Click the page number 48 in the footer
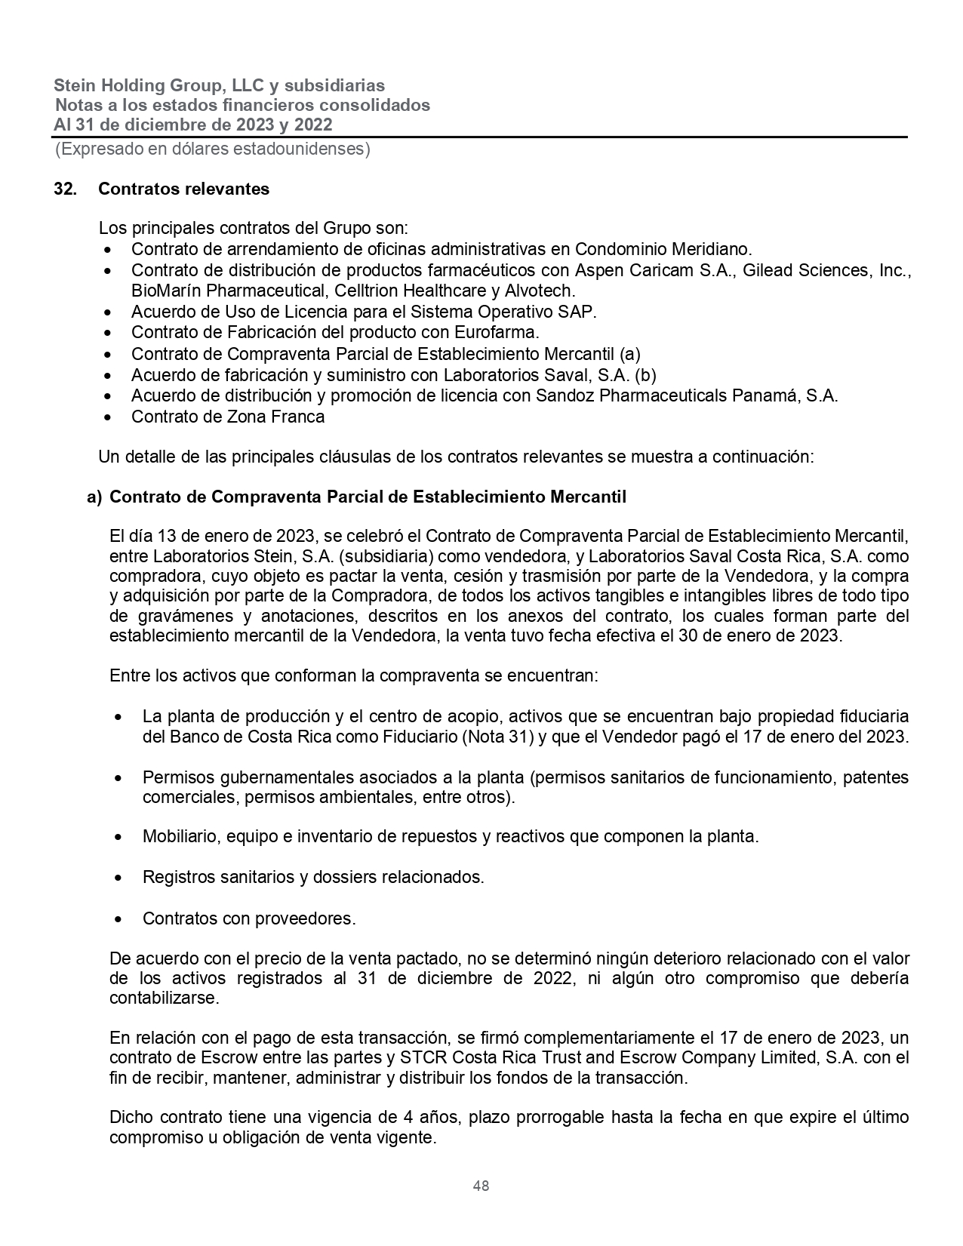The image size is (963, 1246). tap(481, 1186)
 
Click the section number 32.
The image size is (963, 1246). tap(65, 189)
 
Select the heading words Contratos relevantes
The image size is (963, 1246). tap(183, 189)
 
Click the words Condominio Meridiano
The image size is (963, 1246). tap(663, 249)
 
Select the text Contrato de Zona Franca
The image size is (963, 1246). tap(228, 417)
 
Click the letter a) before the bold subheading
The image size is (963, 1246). tap(94, 497)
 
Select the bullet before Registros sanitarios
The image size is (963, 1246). tap(118, 878)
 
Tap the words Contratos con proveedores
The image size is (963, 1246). tap(248, 918)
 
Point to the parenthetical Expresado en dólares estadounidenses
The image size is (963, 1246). tap(212, 149)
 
